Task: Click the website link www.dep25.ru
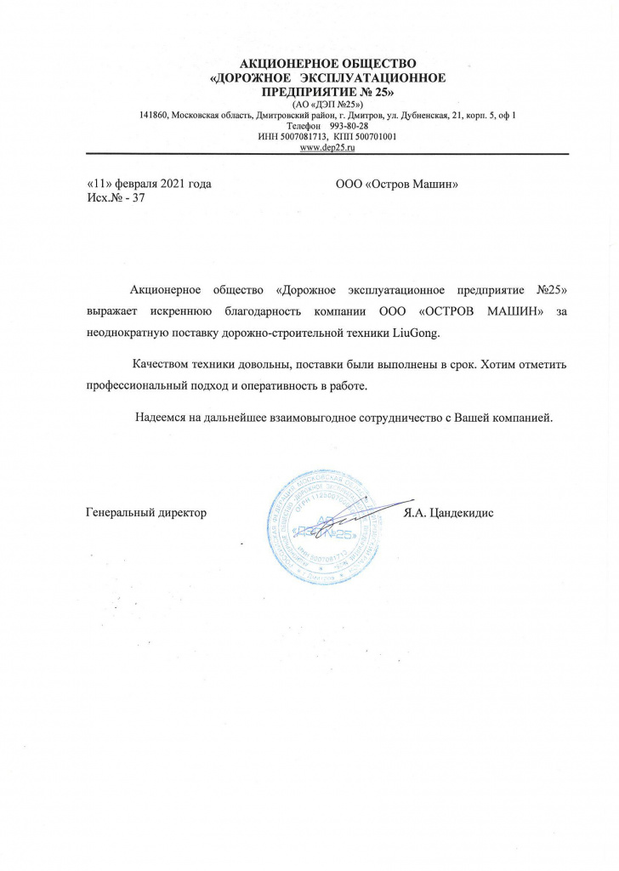click(x=327, y=147)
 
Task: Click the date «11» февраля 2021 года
click(x=149, y=184)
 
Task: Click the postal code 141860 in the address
click(x=155, y=115)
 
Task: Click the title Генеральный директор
click(x=147, y=513)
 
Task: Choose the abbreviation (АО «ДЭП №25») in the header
click(x=327, y=104)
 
